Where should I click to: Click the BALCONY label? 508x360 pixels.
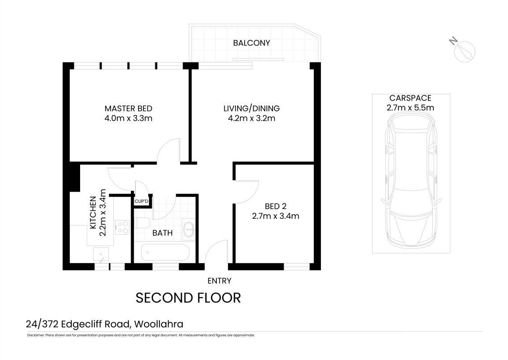251,43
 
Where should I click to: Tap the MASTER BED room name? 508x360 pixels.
128,108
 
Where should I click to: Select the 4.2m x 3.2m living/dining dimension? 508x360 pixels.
251,118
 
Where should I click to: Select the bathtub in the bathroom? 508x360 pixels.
165,253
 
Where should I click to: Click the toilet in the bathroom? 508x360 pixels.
142,224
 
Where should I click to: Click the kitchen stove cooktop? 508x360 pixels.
122,227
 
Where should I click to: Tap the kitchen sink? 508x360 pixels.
102,255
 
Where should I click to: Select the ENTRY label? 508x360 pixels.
219,280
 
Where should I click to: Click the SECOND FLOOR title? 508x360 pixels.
188,298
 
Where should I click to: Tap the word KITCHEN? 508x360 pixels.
93,213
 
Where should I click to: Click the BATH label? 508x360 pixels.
162,233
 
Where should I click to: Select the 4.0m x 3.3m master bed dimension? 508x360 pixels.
128,118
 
